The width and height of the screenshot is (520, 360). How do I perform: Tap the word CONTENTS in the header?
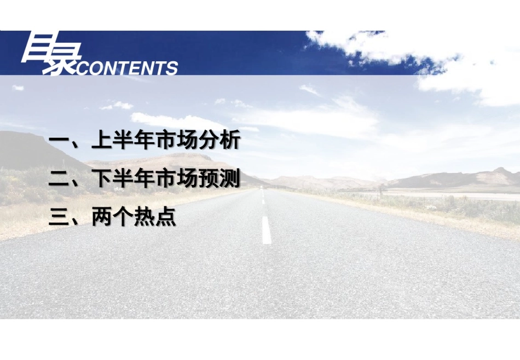tap(127, 68)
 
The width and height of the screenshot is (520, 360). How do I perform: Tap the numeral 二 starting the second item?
tap(59, 179)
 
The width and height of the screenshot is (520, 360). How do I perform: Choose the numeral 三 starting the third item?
tap(59, 217)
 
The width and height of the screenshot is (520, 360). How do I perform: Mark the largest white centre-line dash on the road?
tap(267, 230)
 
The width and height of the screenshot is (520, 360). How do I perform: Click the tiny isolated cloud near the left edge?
tap(18, 88)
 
